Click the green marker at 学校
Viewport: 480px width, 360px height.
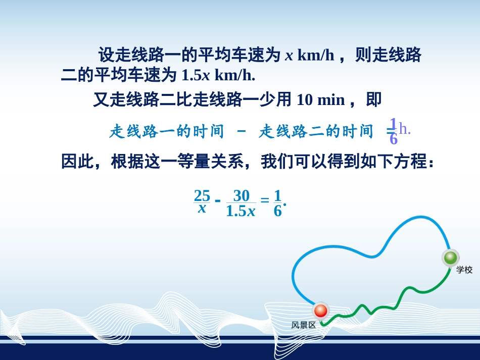click(450, 258)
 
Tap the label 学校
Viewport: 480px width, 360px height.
click(464, 270)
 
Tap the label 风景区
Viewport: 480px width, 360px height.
click(304, 325)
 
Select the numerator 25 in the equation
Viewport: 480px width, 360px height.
click(202, 195)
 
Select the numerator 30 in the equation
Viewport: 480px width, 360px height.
click(242, 195)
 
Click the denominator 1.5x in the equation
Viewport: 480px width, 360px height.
click(241, 211)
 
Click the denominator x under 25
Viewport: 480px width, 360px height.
click(202, 208)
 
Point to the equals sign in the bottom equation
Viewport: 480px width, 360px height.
click(265, 201)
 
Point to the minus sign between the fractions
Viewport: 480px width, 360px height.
click(218, 201)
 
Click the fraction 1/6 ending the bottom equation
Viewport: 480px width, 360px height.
click(277, 202)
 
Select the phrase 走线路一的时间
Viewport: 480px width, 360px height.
click(166, 132)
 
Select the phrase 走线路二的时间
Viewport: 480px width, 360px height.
click(316, 132)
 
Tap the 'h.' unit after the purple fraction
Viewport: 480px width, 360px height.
click(405, 129)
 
